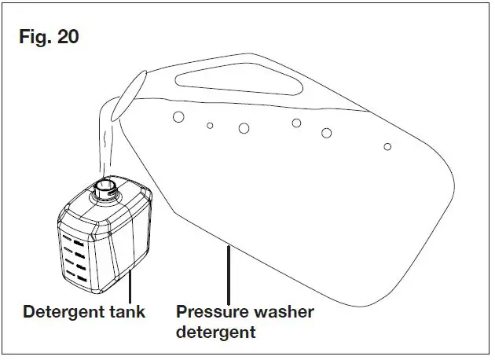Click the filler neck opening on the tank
click(104, 186)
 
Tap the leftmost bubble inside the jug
click(178, 116)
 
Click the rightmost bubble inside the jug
click(387, 146)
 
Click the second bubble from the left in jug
click(210, 125)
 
